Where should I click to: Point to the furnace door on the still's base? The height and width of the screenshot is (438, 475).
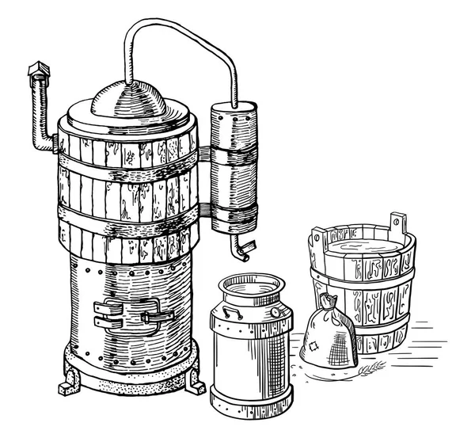[x=134, y=315]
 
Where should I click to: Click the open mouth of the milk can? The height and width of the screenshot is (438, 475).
[x=249, y=282]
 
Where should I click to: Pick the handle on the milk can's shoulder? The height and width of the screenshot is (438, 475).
[x=230, y=309]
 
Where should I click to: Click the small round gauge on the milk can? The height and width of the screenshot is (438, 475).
[x=274, y=312]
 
